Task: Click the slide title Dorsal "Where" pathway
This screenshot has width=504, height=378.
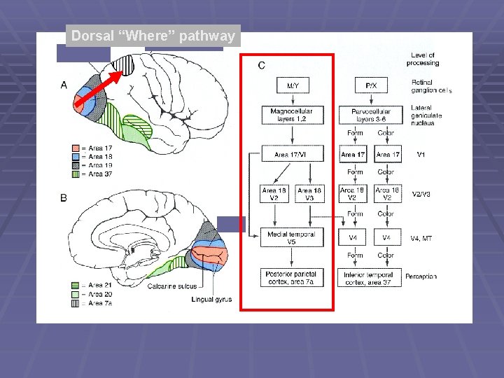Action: [x=153, y=36]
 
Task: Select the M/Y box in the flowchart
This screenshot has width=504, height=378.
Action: [x=292, y=85]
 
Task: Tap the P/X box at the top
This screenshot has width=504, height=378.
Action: [x=370, y=85]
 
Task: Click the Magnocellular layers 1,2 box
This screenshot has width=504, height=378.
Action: [x=291, y=115]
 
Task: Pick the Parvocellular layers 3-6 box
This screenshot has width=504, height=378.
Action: [x=370, y=115]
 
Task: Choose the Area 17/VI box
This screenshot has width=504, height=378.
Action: [x=291, y=154]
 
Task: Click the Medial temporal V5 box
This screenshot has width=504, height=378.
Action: [x=291, y=238]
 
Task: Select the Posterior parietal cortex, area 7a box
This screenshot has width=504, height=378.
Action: [x=291, y=278]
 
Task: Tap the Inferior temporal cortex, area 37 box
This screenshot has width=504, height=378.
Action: [x=370, y=278]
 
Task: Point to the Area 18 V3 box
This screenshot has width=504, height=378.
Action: [x=309, y=194]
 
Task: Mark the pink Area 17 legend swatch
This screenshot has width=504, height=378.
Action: [x=76, y=148]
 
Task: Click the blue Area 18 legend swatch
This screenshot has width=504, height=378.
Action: [x=76, y=157]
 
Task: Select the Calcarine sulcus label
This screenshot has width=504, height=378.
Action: [x=172, y=286]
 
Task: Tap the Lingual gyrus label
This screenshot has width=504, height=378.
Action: [x=211, y=299]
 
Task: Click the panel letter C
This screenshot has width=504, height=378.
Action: [x=261, y=65]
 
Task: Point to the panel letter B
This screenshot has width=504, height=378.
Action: [x=64, y=198]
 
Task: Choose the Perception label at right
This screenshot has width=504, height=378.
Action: [x=421, y=276]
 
